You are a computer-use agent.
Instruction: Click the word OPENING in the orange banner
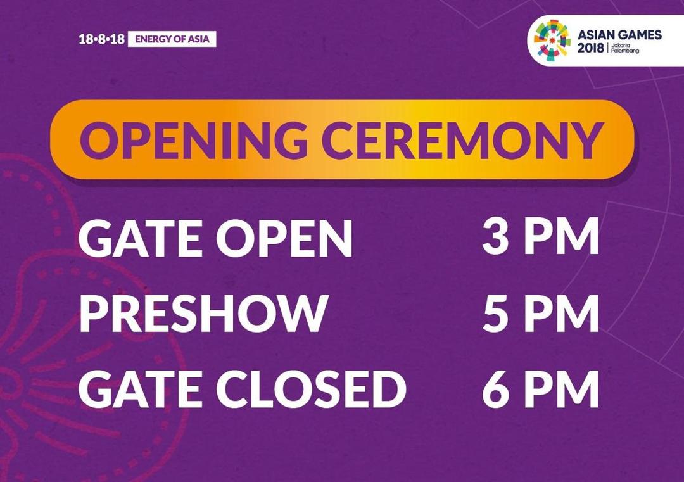[x=193, y=139]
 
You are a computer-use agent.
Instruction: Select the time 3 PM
[x=540, y=238]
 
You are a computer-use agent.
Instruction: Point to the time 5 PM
[x=540, y=313]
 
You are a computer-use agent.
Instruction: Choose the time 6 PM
[x=540, y=389]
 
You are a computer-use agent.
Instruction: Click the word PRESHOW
[x=203, y=313]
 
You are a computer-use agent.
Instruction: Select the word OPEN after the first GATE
[x=284, y=238]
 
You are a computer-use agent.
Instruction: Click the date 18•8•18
[x=101, y=39]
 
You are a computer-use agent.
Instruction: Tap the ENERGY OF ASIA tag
[x=172, y=39]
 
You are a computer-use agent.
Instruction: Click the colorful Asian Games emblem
[x=552, y=40]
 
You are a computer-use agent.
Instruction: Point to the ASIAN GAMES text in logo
[x=620, y=35]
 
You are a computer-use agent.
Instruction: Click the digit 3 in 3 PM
[x=495, y=238]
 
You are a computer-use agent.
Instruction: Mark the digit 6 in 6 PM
[x=496, y=389]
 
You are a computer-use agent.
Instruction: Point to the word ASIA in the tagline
[x=199, y=39]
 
